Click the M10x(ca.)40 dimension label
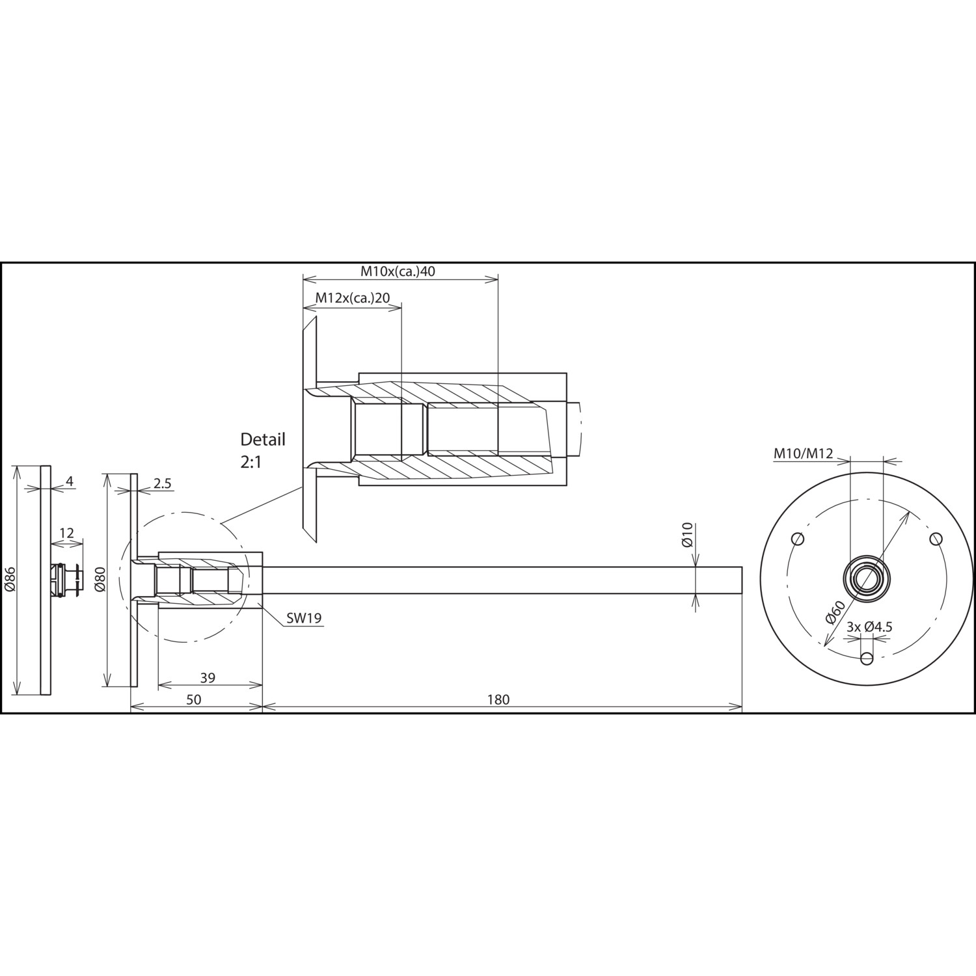(398, 271)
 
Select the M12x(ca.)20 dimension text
(353, 298)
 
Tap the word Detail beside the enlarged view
(263, 439)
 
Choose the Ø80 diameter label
(100, 578)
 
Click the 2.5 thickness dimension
(163, 483)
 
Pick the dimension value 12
(66, 534)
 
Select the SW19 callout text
(305, 618)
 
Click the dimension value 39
(208, 678)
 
